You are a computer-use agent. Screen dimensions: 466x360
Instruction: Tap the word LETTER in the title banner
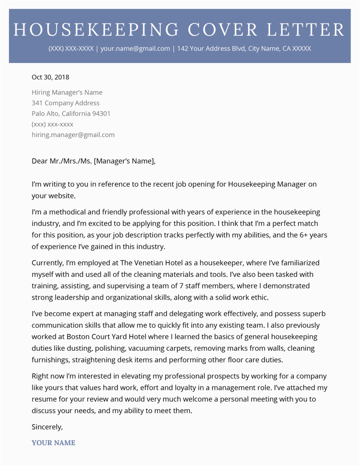pyautogui.click(x=306, y=30)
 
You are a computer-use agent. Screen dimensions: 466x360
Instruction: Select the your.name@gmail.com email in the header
pyautogui.click(x=135, y=49)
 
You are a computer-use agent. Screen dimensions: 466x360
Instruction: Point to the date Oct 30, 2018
pyautogui.click(x=50, y=77)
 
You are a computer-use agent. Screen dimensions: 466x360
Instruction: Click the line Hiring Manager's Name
pyautogui.click(x=67, y=92)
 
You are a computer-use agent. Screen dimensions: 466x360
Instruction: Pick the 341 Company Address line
pyautogui.click(x=66, y=103)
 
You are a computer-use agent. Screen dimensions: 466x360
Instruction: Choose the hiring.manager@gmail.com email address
pyautogui.click(x=73, y=135)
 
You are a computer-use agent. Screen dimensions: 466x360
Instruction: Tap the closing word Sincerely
pyautogui.click(x=47, y=426)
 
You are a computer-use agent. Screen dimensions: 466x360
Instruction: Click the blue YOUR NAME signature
pyautogui.click(x=54, y=443)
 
